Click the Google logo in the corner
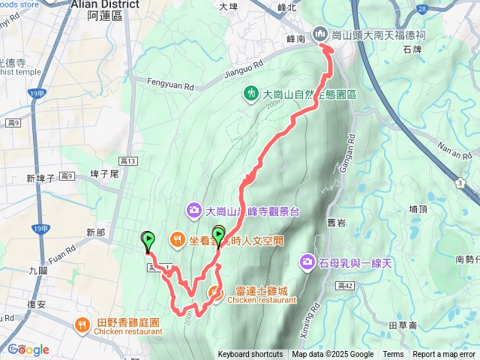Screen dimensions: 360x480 tap(28, 349)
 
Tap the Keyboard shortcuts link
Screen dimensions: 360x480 tap(251, 355)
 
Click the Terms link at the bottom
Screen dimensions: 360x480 tap(393, 355)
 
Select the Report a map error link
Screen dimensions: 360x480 tap(445, 355)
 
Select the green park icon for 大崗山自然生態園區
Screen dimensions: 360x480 tap(250, 93)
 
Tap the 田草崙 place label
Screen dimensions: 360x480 tap(404, 326)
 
